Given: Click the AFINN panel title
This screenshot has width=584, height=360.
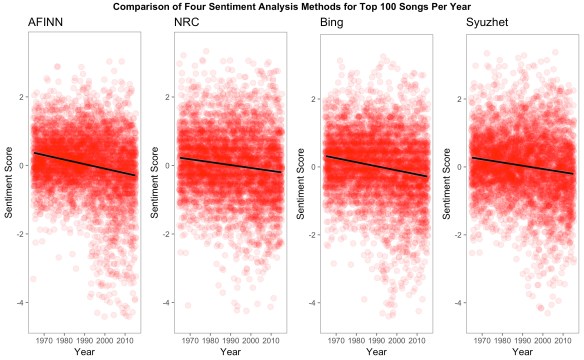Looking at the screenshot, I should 48,23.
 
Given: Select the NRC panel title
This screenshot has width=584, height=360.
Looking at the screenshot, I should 186,23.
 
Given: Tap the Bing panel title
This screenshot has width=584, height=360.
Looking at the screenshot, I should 333,23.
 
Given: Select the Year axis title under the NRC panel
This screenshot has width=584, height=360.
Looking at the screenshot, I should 230,352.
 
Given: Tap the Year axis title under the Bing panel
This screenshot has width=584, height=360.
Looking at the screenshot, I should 376,352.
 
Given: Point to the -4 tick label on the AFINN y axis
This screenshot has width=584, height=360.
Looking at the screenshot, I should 21,302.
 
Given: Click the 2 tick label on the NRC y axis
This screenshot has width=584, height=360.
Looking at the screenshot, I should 168,98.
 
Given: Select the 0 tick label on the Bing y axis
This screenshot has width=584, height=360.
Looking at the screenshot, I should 314,166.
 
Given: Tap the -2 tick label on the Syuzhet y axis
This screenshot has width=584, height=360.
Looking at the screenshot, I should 459,234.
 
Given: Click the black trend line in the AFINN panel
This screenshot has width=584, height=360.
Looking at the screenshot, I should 85,164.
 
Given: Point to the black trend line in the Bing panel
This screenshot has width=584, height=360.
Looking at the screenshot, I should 376,166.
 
